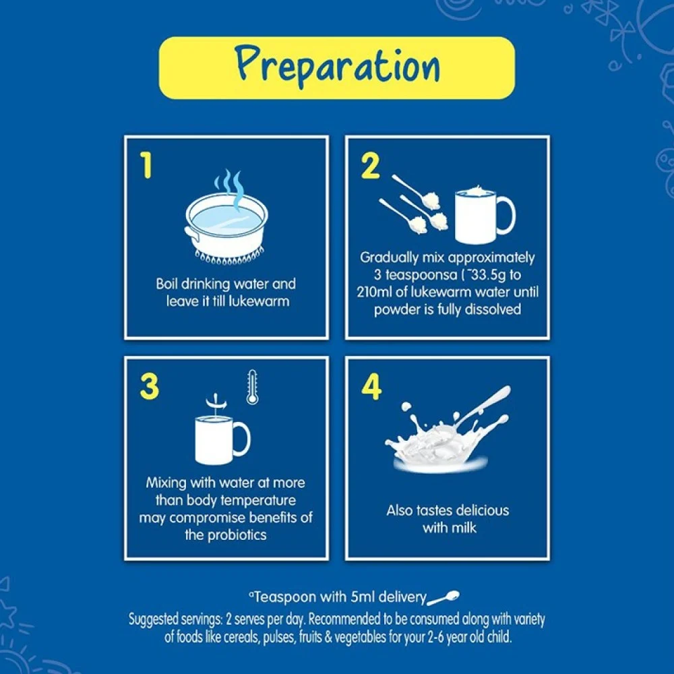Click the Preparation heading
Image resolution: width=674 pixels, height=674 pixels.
click(338, 67)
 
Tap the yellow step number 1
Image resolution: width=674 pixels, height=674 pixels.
click(146, 166)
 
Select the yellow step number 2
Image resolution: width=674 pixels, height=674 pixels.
click(371, 166)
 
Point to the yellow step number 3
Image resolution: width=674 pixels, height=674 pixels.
click(149, 386)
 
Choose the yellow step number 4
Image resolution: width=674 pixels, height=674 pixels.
click(371, 386)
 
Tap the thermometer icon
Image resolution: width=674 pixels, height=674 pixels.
click(252, 388)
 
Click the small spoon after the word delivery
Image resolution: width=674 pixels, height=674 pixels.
click(443, 597)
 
